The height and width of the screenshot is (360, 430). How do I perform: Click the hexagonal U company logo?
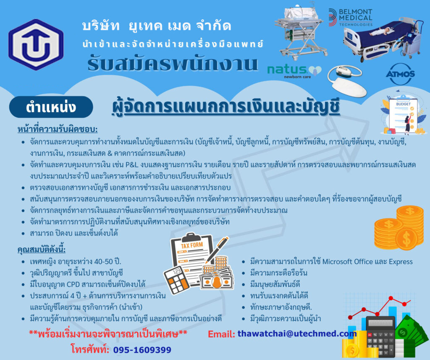tap(36, 44)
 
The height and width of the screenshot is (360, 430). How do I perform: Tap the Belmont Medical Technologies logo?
tap(350, 17)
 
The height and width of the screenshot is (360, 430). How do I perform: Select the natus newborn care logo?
tap(294, 72)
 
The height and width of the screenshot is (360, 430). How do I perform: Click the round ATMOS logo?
tap(400, 74)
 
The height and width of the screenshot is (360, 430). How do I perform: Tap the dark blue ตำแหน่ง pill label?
tap(51, 107)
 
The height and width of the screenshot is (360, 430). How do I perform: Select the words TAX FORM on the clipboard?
tap(191, 245)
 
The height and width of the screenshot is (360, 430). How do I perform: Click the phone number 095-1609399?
tap(142, 350)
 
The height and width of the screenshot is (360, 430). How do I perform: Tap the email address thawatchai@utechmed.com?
tap(297, 334)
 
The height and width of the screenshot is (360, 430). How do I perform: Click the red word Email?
tap(221, 334)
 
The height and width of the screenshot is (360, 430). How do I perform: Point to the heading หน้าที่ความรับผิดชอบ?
tap(58, 129)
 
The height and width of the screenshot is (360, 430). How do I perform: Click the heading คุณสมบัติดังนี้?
tap(42, 250)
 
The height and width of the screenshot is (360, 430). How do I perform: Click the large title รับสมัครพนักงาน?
tap(173, 64)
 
